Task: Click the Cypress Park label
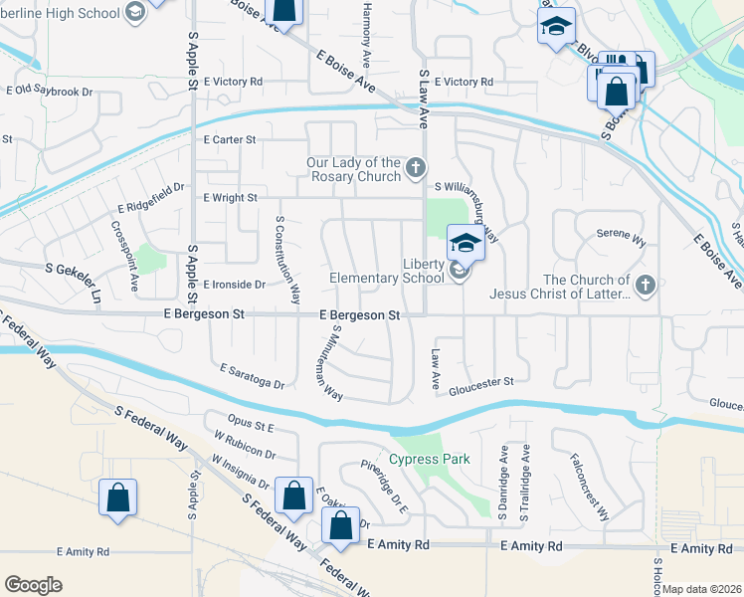429,459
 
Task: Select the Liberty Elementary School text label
387,271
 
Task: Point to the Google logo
34,584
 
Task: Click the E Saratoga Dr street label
253,376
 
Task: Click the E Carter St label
230,140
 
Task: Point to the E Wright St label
230,198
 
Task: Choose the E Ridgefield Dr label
151,198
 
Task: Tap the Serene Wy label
621,235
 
